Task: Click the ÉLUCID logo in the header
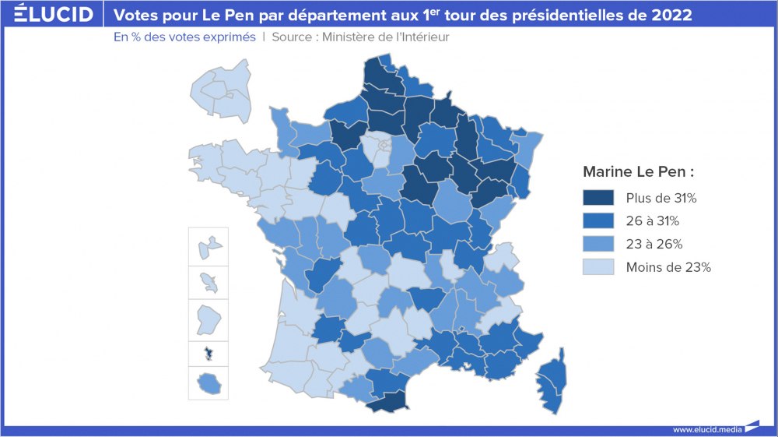54,14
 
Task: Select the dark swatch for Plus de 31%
598,198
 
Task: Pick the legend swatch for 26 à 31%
598,221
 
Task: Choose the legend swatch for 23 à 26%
598,245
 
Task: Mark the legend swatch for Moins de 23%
598,267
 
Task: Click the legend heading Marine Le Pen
638,171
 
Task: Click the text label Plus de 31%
661,198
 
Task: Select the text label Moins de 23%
668,267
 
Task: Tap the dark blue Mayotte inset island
208,354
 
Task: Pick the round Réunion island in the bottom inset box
208,382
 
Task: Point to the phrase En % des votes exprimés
184,37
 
